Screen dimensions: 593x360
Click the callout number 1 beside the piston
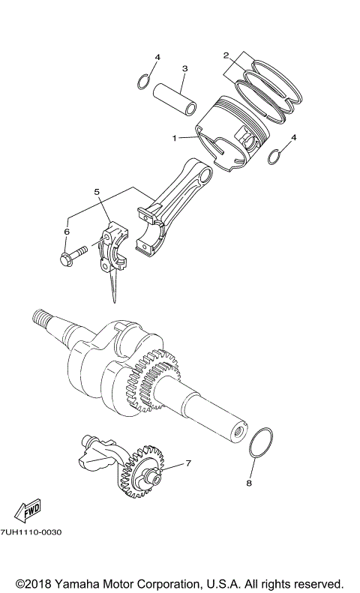click(174, 138)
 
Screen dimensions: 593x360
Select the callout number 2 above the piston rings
click(226, 55)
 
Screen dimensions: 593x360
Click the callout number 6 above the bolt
click(66, 232)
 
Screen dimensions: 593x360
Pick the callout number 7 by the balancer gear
click(187, 463)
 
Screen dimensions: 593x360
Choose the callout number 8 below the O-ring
click(250, 484)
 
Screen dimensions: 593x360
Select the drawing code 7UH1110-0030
click(31, 532)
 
